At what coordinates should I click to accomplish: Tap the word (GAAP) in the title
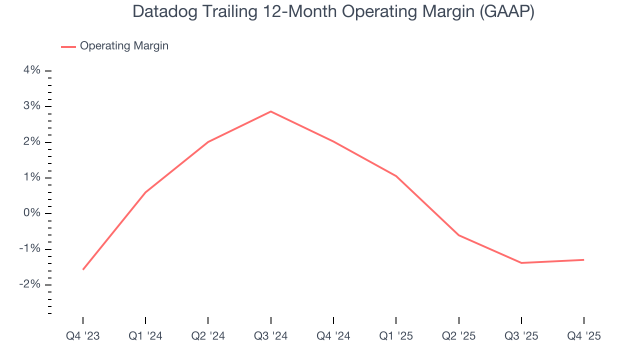coord(506,12)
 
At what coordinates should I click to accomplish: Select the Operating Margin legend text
coord(124,46)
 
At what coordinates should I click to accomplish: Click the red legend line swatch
coord(68,46)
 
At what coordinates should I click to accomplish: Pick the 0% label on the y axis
coord(32,213)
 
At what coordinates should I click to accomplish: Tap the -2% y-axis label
coord(30,284)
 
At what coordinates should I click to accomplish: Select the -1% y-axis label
coord(30,249)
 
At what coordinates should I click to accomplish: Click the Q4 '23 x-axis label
coord(83,336)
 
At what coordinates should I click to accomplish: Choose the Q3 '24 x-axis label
coord(271,336)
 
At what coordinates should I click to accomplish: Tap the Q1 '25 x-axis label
coord(396,336)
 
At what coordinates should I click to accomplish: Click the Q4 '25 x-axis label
coord(583,336)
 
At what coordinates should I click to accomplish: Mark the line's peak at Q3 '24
coord(271,111)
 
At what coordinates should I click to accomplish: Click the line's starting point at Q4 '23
coord(83,269)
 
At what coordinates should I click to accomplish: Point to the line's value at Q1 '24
coord(145,192)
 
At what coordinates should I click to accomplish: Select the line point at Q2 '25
coord(458,235)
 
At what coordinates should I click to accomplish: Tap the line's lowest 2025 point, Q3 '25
coord(521,262)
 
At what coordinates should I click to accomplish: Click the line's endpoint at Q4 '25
coord(583,259)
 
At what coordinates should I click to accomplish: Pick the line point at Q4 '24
coord(333,141)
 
